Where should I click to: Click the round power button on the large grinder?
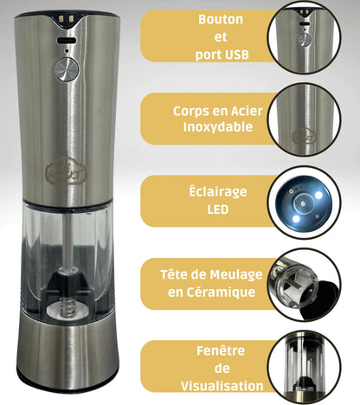[x=67, y=69]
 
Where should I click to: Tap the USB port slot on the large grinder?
[x=67, y=41]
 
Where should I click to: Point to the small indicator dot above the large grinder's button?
[x=67, y=51]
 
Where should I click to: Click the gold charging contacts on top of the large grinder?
[x=67, y=19]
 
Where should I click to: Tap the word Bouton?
[x=221, y=20]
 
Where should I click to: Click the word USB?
[x=235, y=55]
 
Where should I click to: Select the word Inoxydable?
[x=218, y=127]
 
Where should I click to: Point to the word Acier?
[x=247, y=111]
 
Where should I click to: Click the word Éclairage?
[x=218, y=191]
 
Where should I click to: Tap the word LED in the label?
[x=218, y=209]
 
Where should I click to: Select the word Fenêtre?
[x=221, y=350]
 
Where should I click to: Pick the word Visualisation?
[x=222, y=386]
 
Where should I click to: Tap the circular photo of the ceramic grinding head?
[x=305, y=285]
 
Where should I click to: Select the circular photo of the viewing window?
[x=305, y=368]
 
